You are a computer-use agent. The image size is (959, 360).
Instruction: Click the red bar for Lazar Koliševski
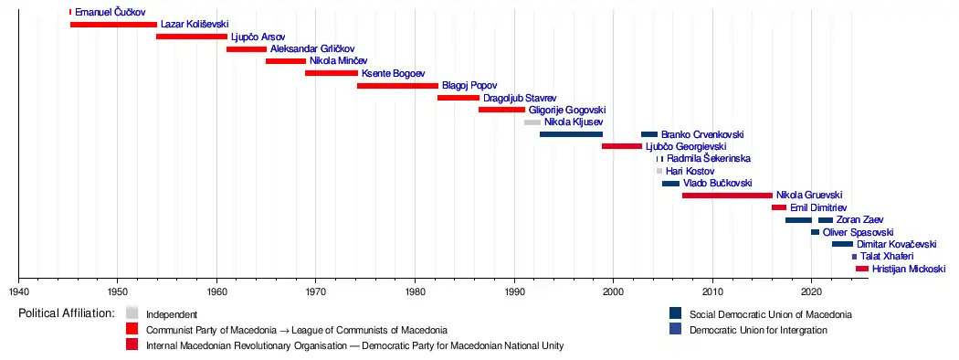tap(113, 25)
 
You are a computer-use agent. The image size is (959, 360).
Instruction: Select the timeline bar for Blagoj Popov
tap(397, 86)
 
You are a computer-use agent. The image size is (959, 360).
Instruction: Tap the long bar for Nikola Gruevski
tap(727, 196)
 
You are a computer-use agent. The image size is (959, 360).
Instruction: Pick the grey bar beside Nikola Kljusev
tap(532, 122)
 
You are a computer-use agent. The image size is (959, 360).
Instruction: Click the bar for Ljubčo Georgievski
tap(622, 146)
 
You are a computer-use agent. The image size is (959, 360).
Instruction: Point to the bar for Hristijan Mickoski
tap(862, 269)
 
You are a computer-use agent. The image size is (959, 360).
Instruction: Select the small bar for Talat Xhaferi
tap(854, 257)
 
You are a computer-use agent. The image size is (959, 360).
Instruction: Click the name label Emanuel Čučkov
tap(111, 12)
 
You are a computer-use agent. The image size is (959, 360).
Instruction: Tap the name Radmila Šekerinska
tap(709, 159)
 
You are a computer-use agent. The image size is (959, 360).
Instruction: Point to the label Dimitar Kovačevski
tap(897, 244)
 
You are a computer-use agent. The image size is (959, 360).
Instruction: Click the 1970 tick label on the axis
tap(316, 290)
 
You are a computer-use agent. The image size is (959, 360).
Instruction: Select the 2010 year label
tap(712, 290)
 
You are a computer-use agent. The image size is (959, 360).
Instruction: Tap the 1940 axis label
tap(19, 290)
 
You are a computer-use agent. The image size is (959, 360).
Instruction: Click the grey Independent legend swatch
tap(132, 312)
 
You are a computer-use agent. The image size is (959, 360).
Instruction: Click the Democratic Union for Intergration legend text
tap(758, 330)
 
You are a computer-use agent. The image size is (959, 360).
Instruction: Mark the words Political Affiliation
tap(67, 313)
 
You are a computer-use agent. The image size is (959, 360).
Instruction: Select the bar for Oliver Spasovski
tap(816, 232)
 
